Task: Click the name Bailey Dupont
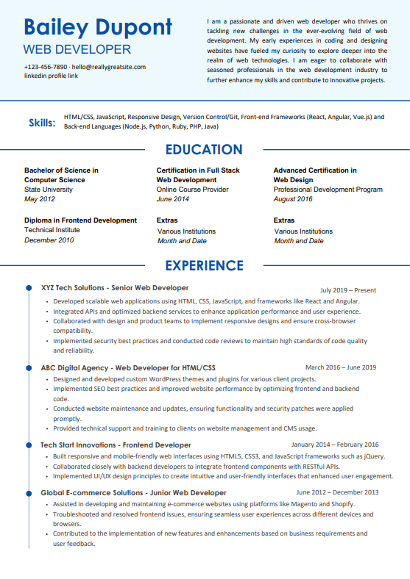click(98, 28)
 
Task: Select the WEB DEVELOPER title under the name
click(77, 50)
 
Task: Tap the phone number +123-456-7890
click(45, 67)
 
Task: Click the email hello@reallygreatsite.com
click(109, 67)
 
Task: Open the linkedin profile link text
click(51, 76)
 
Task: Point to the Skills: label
click(42, 122)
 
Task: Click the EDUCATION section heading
click(204, 150)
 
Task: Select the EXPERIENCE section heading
click(204, 265)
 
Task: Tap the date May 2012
click(40, 199)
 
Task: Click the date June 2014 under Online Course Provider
click(173, 199)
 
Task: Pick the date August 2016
click(293, 199)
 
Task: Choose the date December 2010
click(49, 240)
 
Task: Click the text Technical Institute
click(52, 230)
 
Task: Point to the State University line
click(49, 190)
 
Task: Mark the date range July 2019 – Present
click(348, 290)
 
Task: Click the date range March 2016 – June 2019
click(341, 367)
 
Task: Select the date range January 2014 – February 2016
click(335, 445)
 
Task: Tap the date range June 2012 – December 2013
click(338, 492)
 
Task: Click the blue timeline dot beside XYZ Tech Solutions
click(29, 288)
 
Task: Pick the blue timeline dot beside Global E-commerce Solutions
click(29, 492)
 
